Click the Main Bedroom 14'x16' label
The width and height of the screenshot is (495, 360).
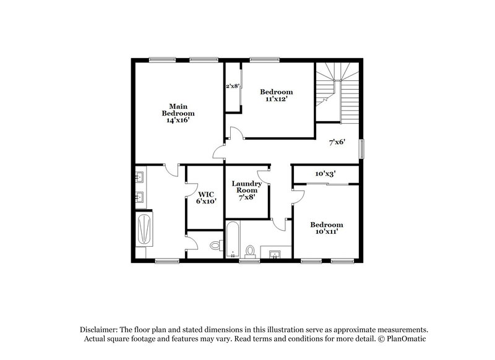[178, 113]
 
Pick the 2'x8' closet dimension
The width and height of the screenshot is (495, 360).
[232, 86]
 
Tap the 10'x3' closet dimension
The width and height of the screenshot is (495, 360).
[325, 174]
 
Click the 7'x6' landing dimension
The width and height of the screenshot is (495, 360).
[337, 142]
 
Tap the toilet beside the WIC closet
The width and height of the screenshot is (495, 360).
[215, 245]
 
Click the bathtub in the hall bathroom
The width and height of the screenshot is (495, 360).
[232, 239]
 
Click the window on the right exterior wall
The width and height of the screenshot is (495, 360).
[363, 148]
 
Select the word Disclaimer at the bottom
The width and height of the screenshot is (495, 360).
[100, 330]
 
